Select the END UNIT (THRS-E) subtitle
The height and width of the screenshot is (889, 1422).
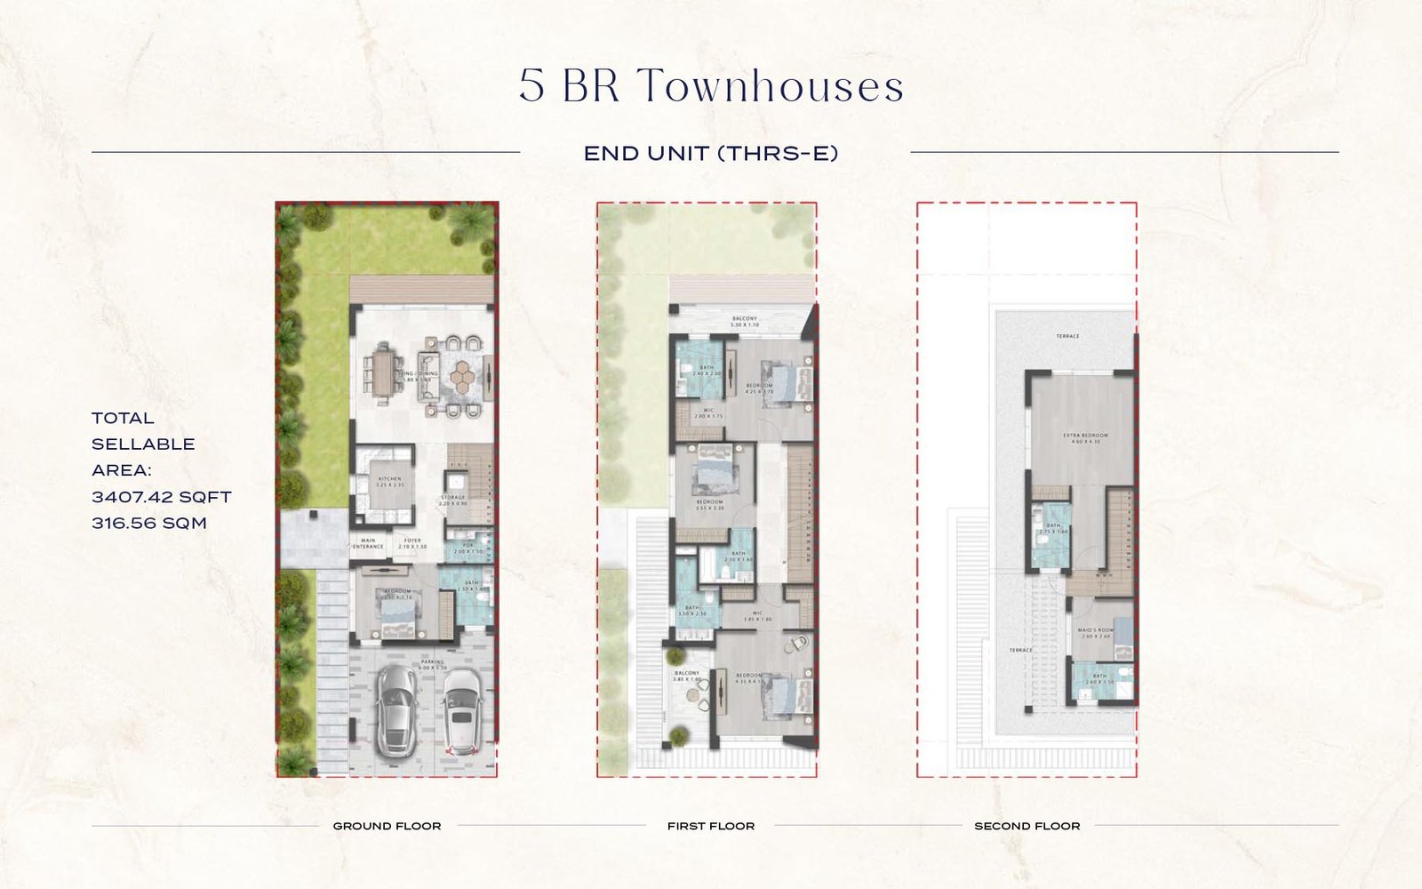tap(711, 154)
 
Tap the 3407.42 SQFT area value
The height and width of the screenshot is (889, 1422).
tap(161, 497)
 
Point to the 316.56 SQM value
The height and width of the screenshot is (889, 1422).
tap(149, 524)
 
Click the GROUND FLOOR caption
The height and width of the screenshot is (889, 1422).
tap(387, 826)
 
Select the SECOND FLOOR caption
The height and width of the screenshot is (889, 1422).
tap(1027, 826)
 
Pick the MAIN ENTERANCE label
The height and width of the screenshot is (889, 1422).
tap(368, 543)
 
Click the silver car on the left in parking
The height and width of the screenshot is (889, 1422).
tap(395, 709)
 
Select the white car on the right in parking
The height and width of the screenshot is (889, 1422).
tap(461, 709)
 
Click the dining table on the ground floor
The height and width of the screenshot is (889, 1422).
tap(384, 373)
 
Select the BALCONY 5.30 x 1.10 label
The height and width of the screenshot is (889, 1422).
tap(744, 321)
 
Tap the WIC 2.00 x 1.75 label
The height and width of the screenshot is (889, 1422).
tap(708, 412)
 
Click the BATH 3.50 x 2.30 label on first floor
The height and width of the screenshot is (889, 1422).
tap(691, 610)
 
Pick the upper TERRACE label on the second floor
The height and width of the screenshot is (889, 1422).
tap(1067, 336)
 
